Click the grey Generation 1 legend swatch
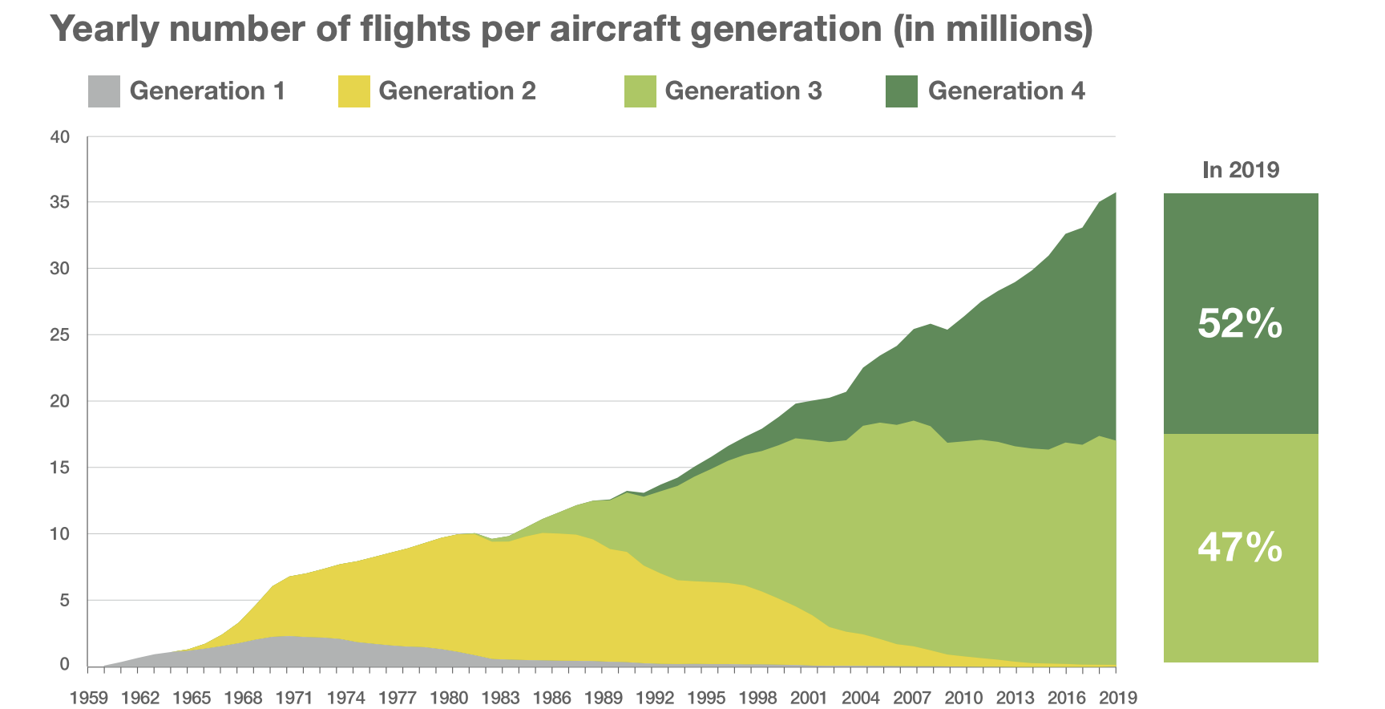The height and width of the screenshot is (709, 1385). tap(104, 91)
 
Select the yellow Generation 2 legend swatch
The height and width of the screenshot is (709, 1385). tap(354, 91)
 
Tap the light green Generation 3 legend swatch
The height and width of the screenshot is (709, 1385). tap(640, 91)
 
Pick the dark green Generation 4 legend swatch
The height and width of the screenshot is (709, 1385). tap(902, 91)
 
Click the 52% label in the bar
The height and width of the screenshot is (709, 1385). tap(1240, 324)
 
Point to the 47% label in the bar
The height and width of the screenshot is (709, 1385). tap(1240, 548)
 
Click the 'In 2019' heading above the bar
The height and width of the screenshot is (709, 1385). tap(1241, 170)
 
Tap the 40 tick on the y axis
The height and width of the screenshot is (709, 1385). tap(60, 137)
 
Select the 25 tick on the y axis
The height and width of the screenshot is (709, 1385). tap(60, 335)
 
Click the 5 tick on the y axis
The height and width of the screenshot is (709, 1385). tap(65, 601)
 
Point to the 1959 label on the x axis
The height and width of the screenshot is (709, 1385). tap(89, 698)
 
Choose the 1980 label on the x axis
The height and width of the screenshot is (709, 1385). tap(449, 698)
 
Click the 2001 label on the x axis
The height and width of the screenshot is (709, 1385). tap(809, 698)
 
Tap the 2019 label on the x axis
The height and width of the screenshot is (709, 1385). tap(1117, 698)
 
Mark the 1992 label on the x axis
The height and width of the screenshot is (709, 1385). tap(655, 698)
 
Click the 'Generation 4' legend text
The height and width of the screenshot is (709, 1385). tap(1006, 91)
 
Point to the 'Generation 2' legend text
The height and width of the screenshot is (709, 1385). tap(457, 91)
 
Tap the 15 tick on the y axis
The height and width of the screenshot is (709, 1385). tap(60, 468)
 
